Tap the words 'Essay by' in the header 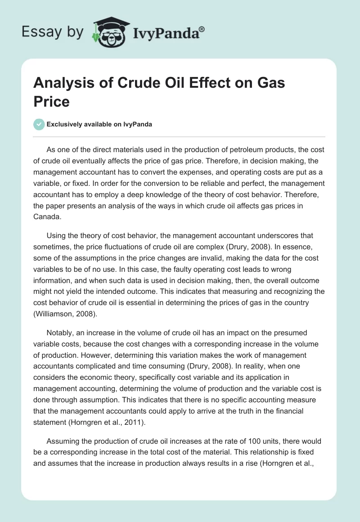click(x=52, y=32)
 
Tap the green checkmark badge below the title click(x=39, y=124)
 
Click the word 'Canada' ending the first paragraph click(x=46, y=216)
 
